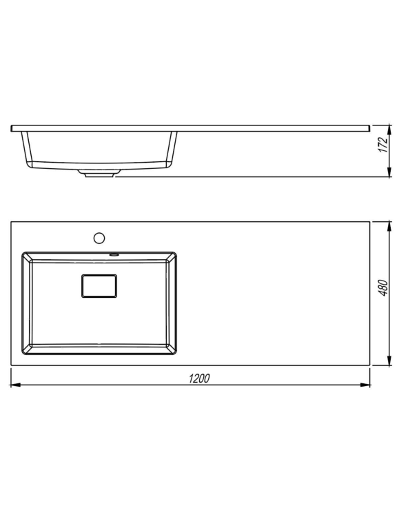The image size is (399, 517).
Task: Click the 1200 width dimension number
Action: coord(199,378)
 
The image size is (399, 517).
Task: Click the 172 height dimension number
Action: coord(382,145)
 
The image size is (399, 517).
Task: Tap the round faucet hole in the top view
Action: coord(99,238)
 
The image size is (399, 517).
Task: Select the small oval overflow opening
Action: coord(114,254)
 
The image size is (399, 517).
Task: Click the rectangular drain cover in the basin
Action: coord(99,286)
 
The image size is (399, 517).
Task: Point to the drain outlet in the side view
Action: coord(99,173)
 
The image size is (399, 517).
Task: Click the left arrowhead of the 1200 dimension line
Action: coord(16,385)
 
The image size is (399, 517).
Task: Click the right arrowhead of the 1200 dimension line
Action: coord(365,385)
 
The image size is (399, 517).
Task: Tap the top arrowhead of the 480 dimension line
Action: coord(389,227)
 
